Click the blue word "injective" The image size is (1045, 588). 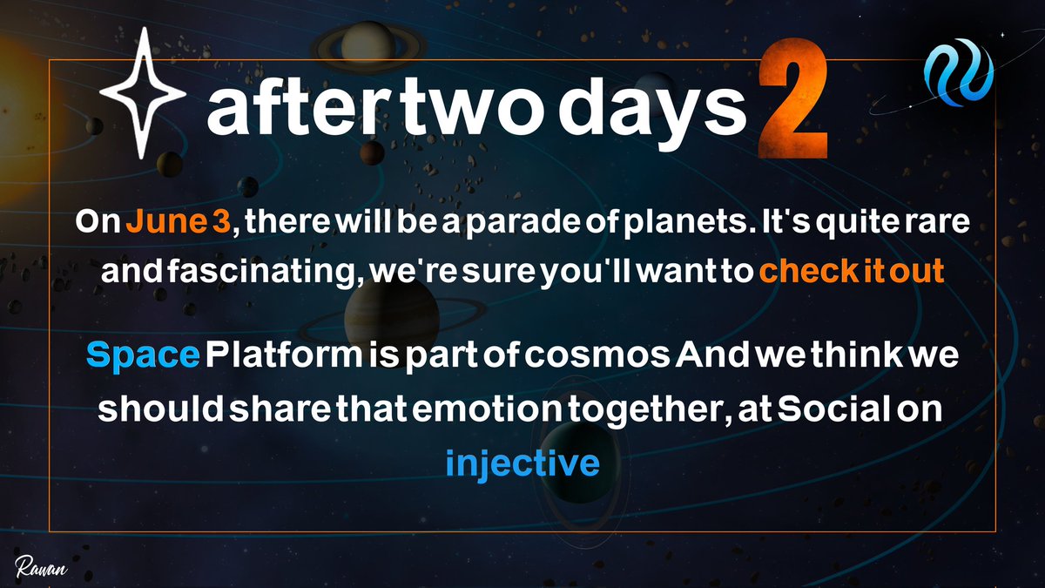tap(522, 462)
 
